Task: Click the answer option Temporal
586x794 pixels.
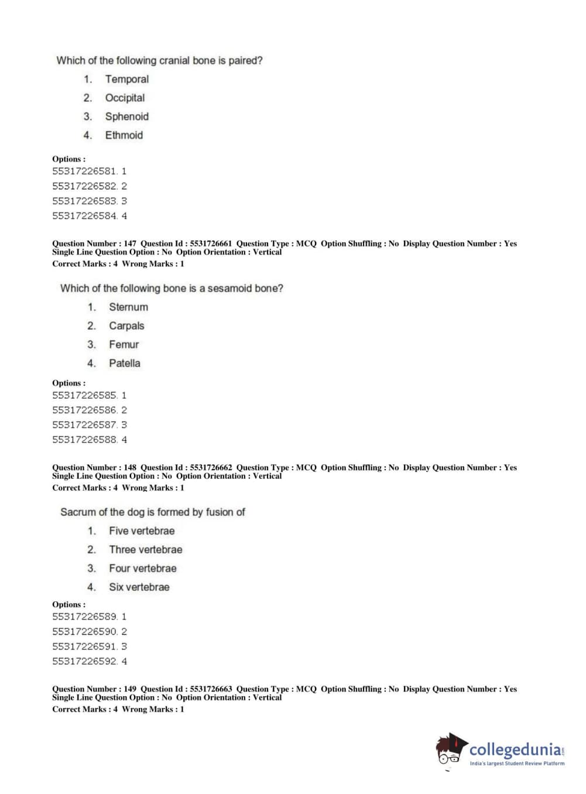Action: [126, 79]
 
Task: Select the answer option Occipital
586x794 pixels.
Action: [125, 98]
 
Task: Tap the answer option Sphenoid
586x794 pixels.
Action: [126, 117]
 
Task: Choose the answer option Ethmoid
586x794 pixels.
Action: [124, 135]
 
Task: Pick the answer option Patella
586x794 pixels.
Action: [124, 363]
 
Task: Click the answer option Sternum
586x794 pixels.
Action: [128, 307]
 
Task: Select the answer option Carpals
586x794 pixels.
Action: [126, 326]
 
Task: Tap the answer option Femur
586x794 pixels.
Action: [124, 344]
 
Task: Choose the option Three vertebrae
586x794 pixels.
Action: [145, 549]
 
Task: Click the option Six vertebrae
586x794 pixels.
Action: [139, 587]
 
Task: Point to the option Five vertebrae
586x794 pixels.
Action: [142, 531]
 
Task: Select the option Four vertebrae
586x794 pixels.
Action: [142, 568]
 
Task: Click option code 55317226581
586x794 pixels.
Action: [84, 171]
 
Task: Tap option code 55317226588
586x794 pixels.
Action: [84, 439]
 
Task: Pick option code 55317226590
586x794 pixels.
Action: [84, 631]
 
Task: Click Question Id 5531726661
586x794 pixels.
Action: [211, 244]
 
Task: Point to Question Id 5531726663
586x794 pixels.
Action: [211, 689]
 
